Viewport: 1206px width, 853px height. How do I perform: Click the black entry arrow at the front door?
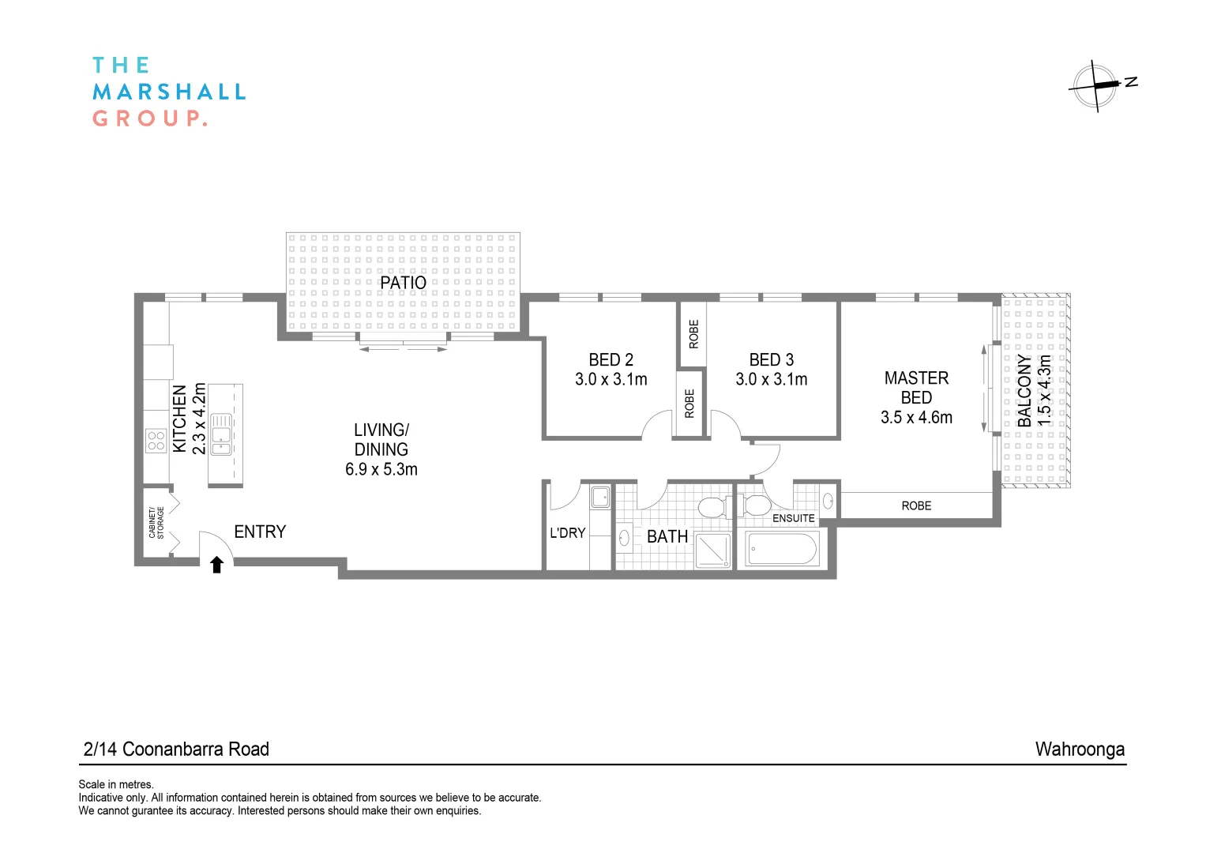click(216, 565)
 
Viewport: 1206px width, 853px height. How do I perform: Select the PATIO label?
click(403, 282)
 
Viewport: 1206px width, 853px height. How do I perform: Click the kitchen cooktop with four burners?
click(156, 441)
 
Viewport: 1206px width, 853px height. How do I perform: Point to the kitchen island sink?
click(220, 434)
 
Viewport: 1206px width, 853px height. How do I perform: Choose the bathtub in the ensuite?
click(782, 549)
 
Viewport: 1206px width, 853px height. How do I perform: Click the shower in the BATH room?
click(713, 551)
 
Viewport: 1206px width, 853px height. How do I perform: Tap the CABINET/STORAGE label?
click(156, 522)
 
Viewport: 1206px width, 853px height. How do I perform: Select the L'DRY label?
click(567, 532)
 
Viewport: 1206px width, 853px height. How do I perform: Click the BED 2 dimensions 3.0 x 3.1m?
click(611, 379)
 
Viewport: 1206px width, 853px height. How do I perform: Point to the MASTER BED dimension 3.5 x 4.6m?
click(916, 417)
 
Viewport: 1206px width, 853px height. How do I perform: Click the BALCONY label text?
click(1024, 390)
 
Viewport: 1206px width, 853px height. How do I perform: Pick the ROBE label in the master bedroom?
click(916, 505)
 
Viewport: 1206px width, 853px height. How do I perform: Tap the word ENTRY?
click(260, 532)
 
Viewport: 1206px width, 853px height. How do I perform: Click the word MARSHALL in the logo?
click(169, 92)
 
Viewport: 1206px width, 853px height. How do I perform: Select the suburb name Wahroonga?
click(1080, 749)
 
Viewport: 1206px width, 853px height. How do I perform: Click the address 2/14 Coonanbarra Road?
click(176, 749)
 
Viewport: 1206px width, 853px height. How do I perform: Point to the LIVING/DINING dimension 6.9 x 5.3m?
click(381, 469)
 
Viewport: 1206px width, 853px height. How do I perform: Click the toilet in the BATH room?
click(714, 506)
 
